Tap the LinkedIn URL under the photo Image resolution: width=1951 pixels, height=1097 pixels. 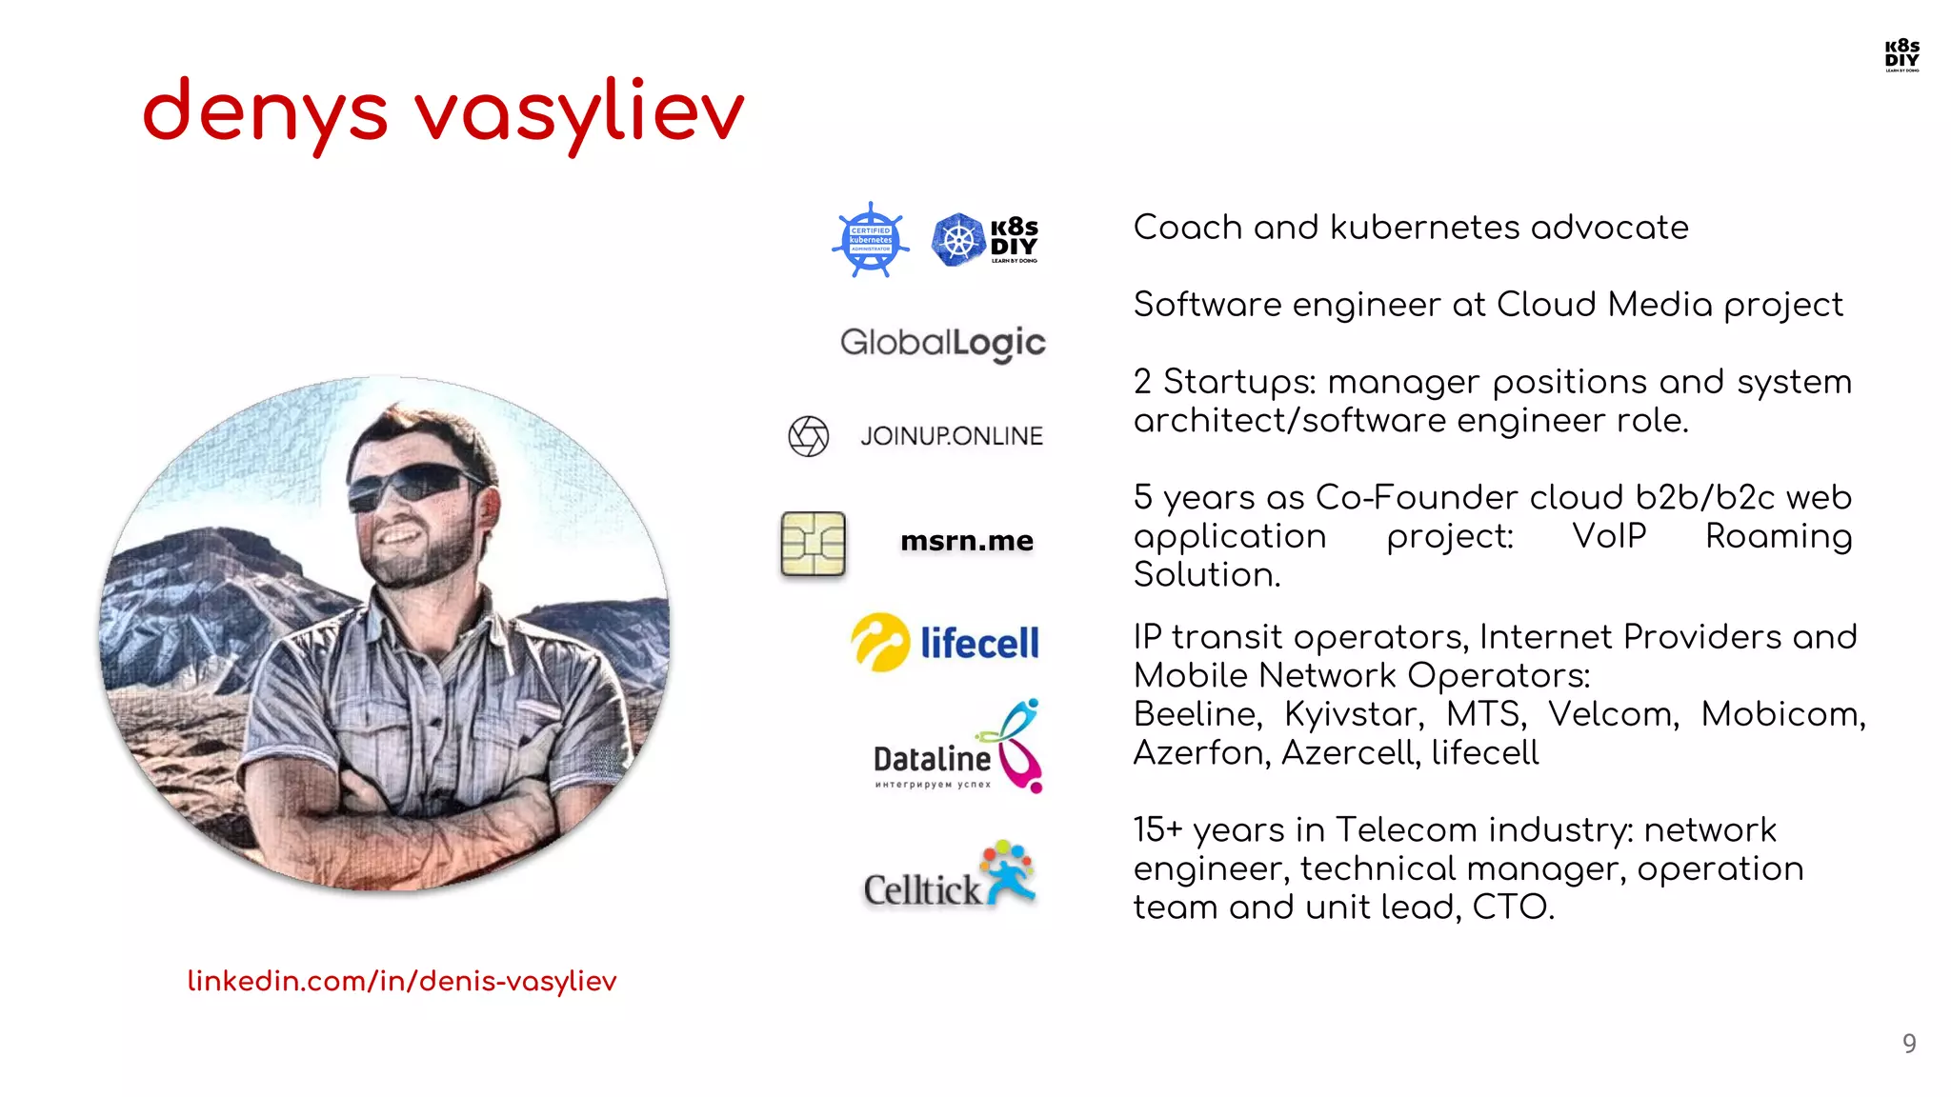pos(402,981)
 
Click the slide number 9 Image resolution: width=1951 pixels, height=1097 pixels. pos(1909,1044)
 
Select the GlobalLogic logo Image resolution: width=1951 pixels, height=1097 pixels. pos(942,343)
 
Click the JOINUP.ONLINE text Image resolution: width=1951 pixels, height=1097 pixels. pos(951,436)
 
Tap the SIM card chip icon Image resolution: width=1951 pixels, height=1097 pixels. pos(813,544)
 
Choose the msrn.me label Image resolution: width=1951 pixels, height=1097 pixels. pos(966,541)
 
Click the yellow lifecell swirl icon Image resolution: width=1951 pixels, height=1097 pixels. pos(879,642)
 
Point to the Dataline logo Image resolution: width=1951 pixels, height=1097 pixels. pos(957,748)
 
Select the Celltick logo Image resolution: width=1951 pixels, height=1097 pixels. pos(949,876)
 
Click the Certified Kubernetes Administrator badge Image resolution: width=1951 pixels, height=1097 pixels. pos(870,240)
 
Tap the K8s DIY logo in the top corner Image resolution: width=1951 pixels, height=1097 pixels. pos(1901,55)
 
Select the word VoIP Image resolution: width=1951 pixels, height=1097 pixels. pos(1608,536)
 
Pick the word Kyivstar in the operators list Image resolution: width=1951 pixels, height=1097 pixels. pos(1353,714)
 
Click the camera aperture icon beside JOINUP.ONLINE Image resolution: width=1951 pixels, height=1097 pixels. pos(809,436)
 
